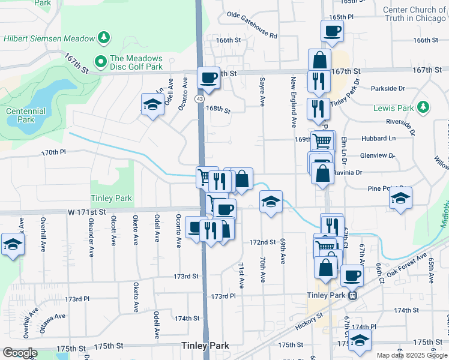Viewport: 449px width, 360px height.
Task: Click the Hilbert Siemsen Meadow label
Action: point(49,38)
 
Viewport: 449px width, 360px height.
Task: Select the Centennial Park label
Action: point(25,115)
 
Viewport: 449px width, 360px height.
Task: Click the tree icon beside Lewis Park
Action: point(424,107)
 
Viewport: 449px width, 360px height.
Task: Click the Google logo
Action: point(20,353)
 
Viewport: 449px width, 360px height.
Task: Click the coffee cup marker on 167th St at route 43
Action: point(209,77)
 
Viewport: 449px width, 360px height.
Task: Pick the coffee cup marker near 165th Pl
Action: point(332,30)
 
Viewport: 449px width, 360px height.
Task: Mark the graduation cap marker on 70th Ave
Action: point(271,201)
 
